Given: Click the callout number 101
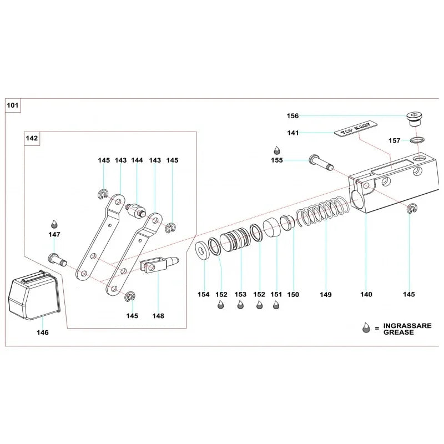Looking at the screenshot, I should (12, 104).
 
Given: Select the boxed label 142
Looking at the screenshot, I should (32, 138).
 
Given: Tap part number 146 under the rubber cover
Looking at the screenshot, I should (42, 332).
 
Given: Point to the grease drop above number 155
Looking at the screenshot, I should (276, 149).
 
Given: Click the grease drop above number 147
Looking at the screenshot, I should (54, 223).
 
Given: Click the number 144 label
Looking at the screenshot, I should (137, 160).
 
